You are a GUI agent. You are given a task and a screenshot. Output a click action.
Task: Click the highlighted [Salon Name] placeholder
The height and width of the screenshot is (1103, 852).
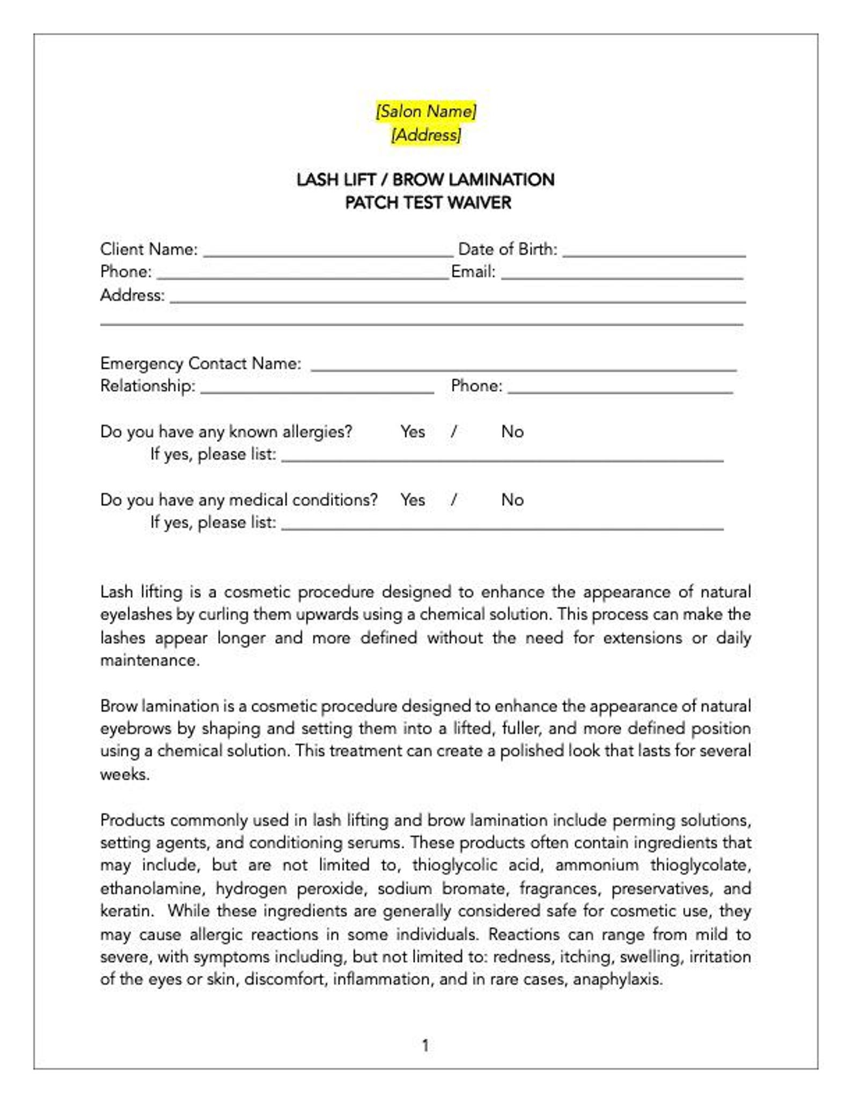pos(425,111)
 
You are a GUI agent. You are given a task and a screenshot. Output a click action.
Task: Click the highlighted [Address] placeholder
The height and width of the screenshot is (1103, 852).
pos(425,135)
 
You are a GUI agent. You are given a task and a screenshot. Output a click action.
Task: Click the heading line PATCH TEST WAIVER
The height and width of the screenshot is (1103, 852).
pos(428,203)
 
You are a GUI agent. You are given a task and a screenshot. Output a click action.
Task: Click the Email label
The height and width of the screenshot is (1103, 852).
pos(473,272)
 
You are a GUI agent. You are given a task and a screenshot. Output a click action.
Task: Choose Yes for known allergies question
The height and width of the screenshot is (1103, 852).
pos(412,432)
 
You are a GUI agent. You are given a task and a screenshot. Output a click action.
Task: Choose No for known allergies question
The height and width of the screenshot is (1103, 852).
pos(512,432)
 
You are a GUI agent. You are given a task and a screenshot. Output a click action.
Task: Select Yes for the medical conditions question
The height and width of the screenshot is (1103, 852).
pos(412,500)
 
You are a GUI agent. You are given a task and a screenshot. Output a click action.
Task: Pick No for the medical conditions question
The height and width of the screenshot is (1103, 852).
pos(512,500)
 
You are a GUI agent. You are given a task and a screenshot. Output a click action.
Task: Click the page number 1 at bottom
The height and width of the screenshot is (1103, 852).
pos(425,1046)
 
